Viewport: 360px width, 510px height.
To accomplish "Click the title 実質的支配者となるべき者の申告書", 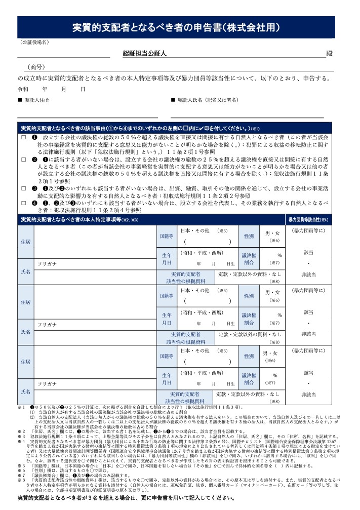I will coord(176,27).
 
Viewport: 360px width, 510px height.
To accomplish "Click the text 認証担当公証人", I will coord(145,53).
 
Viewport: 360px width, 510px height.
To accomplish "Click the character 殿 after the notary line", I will coord(330,53).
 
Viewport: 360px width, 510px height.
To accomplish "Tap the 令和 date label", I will coord(23,89).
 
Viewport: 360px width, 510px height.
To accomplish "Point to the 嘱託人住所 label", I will coord(36,100).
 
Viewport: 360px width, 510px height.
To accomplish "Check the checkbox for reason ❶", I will coord(23,137).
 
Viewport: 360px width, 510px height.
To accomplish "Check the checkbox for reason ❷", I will coord(23,160).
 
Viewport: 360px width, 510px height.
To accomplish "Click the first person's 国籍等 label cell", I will coord(167,237).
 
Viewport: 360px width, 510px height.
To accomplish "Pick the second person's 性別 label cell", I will coord(249,296).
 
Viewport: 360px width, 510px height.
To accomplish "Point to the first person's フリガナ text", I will coord(47,264).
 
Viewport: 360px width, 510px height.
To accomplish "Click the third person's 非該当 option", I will coord(309,395).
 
